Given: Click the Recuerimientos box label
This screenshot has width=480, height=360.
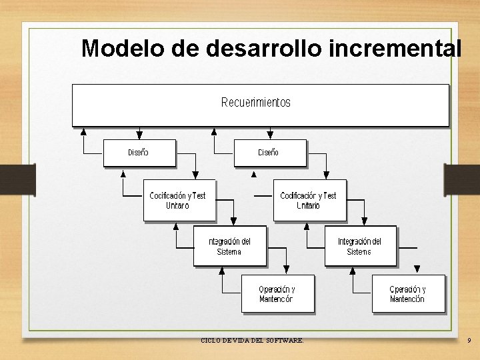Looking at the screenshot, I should (256, 103).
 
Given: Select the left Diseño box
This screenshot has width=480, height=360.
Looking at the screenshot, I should (139, 153).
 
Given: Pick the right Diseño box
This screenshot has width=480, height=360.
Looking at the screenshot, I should (269, 153).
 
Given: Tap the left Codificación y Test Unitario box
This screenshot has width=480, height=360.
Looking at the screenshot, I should (179, 200).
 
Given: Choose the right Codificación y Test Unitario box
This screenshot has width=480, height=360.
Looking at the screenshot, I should (309, 200).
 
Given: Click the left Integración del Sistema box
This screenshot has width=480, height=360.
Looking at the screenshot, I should (229, 246).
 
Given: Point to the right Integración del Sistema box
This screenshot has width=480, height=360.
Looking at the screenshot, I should (360, 246).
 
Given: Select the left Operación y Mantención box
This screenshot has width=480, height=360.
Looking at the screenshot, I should (277, 294).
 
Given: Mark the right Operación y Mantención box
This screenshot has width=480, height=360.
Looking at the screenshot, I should (407, 294).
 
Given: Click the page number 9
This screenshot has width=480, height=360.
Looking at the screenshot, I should (469, 341).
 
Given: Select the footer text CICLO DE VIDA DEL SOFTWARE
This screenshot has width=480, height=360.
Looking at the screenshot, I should (252, 341).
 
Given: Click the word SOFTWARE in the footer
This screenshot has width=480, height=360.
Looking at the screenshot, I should (287, 341).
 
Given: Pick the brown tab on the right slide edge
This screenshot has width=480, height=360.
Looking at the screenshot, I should (462, 180).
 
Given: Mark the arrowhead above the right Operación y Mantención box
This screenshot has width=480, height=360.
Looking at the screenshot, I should (417, 269).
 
